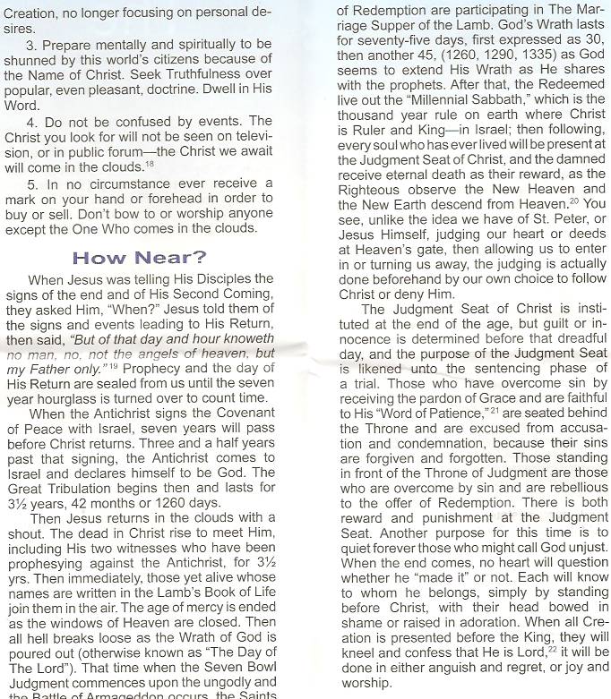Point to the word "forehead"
(192, 200)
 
